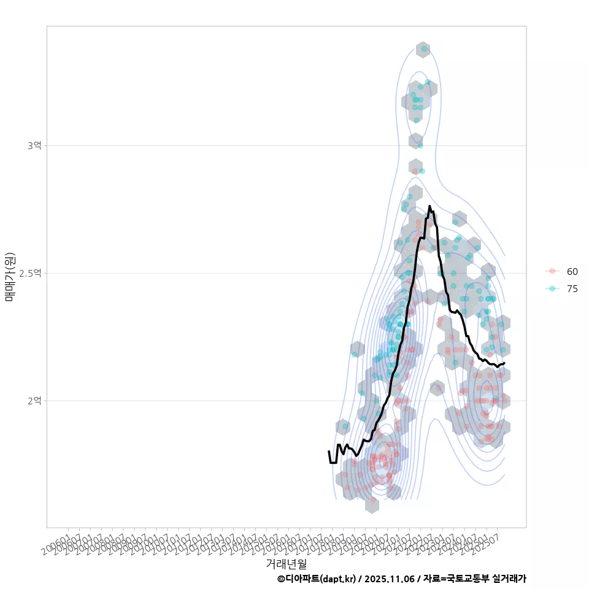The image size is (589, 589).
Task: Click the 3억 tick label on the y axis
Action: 34,145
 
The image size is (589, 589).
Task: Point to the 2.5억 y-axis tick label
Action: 31,273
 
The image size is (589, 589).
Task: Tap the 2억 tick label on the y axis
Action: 34,401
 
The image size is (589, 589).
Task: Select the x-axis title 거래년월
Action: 286,563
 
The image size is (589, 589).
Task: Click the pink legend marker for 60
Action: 552,271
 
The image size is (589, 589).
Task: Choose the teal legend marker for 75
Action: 552,289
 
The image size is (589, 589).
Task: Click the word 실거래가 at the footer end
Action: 510,579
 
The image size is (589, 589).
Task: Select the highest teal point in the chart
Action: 424,48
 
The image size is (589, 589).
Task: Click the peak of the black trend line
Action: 429,206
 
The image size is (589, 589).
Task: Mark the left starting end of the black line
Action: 329,452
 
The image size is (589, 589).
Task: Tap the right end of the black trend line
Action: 504,363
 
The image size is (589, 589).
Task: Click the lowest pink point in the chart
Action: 372,500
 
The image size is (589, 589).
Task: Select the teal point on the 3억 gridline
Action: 420,145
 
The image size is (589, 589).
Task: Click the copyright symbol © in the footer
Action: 281,579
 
